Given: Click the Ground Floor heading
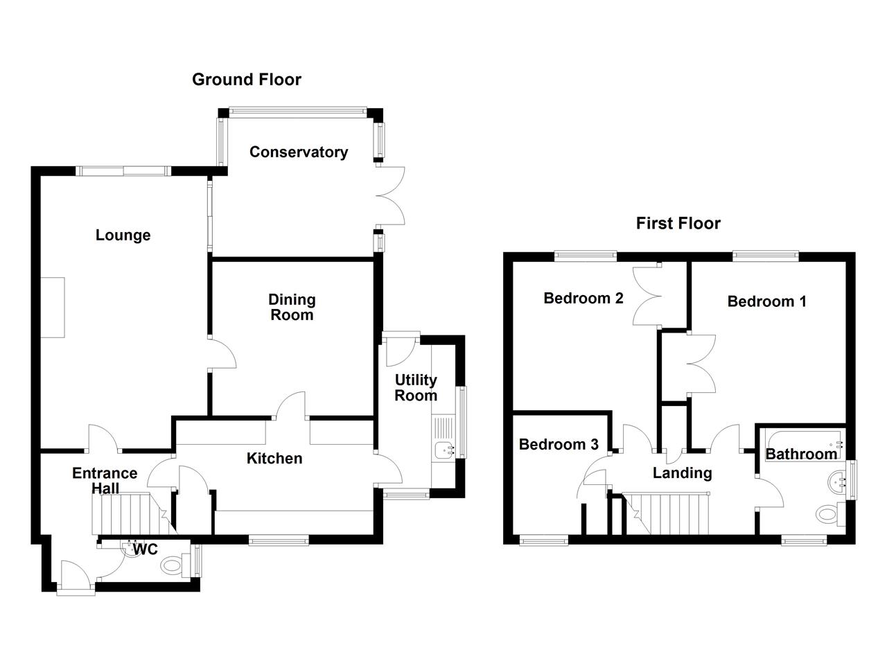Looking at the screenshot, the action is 246,80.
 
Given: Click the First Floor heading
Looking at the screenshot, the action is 678,223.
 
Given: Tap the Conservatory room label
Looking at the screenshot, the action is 299,152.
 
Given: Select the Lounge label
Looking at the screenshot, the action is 123,235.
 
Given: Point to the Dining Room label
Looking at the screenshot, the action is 292,307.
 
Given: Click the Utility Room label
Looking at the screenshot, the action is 416,388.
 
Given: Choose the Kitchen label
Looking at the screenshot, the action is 274,459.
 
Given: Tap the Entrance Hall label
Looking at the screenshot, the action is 105,481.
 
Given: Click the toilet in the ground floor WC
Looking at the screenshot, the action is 177,565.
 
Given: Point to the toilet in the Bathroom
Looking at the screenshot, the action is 831,514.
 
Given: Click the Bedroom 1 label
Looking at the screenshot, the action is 766,301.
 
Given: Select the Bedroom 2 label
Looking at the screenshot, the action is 583,298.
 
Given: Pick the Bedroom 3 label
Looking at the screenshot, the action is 559,444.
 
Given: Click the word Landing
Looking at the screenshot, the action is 683,473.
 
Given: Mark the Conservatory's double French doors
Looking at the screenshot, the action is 390,196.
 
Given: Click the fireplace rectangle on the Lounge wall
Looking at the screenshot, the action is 53,307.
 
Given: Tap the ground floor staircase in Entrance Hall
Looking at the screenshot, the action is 131,513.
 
